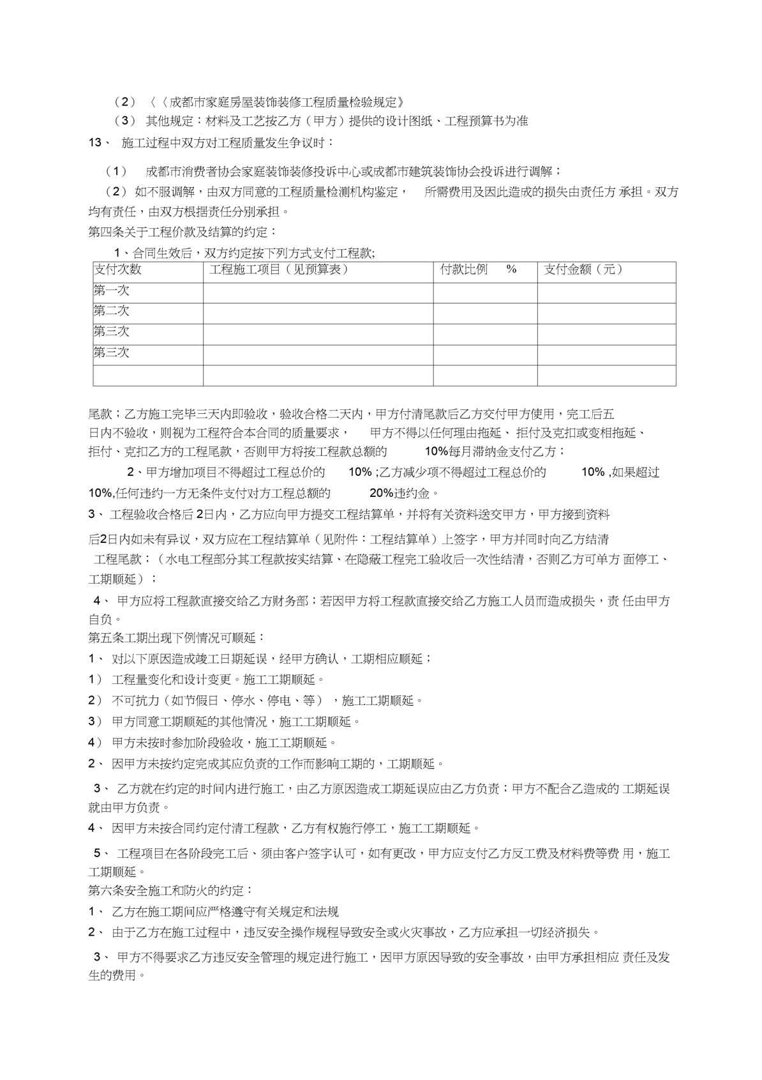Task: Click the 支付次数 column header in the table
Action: [117, 270]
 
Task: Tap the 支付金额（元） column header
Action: [583, 270]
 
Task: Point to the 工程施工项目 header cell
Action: [279, 270]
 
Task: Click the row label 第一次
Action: [112, 291]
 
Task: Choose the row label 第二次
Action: [112, 311]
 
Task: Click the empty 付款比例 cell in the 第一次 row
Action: [485, 293]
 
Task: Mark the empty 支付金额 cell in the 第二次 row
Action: [606, 314]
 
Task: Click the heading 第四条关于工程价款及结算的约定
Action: [183, 232]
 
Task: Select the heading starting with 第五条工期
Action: [176, 637]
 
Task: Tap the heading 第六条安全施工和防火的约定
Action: [170, 890]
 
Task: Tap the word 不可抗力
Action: [135, 701]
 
